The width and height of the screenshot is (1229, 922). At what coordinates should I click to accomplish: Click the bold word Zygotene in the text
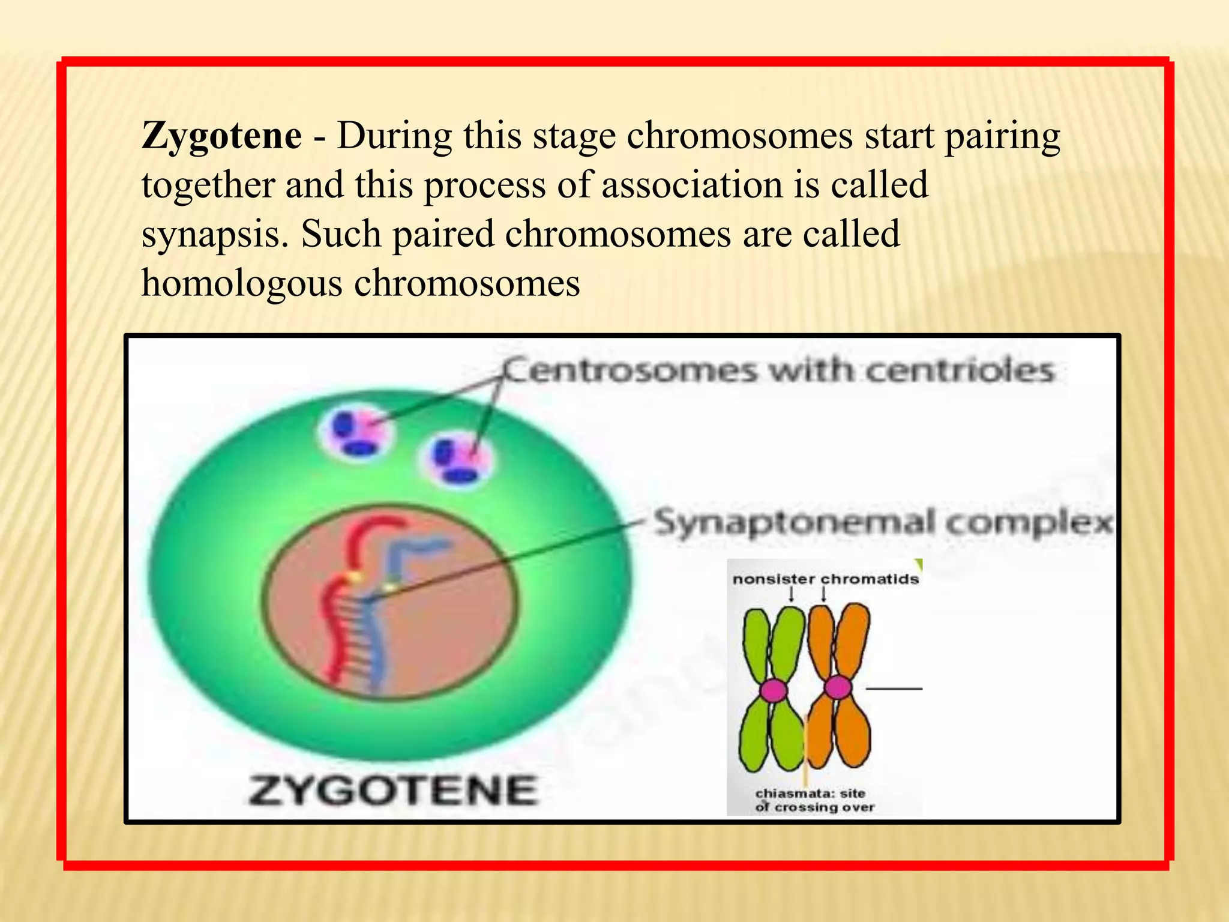(x=221, y=136)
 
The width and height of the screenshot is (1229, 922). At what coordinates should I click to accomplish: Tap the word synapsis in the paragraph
(x=211, y=235)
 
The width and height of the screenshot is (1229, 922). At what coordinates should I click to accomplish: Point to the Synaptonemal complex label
(x=882, y=522)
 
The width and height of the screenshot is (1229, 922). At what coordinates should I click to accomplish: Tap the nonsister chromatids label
(x=826, y=579)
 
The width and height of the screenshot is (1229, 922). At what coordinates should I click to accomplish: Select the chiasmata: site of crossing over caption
(x=814, y=801)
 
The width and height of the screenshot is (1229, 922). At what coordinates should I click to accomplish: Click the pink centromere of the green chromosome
(x=773, y=690)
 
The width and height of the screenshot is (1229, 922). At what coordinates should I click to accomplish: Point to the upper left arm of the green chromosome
(x=756, y=642)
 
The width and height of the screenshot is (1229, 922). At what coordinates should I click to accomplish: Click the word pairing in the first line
(x=1002, y=137)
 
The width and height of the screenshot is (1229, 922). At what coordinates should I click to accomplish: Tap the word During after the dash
(x=394, y=136)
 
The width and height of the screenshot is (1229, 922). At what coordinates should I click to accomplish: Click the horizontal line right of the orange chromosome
(x=894, y=688)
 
